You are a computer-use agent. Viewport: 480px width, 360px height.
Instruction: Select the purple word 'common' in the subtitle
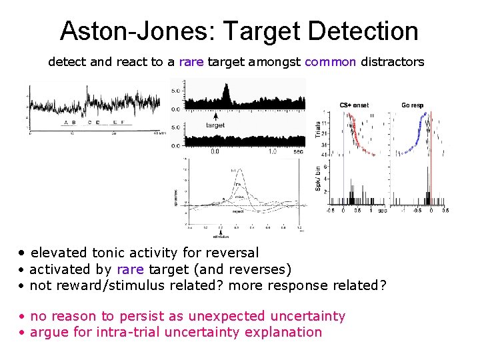330,62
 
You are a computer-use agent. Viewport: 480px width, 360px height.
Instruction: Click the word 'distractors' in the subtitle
392,62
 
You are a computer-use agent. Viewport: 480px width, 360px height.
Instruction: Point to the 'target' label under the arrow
215,125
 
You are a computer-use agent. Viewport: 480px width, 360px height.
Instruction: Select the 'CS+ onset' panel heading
354,105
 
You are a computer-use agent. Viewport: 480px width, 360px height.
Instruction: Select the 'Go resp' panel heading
412,105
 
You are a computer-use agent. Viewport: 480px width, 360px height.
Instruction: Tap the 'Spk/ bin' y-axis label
318,177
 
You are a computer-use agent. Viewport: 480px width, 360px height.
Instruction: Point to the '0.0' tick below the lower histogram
214,151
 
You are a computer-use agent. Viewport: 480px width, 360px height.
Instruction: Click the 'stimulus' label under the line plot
221,236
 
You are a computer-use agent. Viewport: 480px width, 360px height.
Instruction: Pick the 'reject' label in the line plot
237,212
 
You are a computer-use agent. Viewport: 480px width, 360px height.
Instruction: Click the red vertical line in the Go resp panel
431,153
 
